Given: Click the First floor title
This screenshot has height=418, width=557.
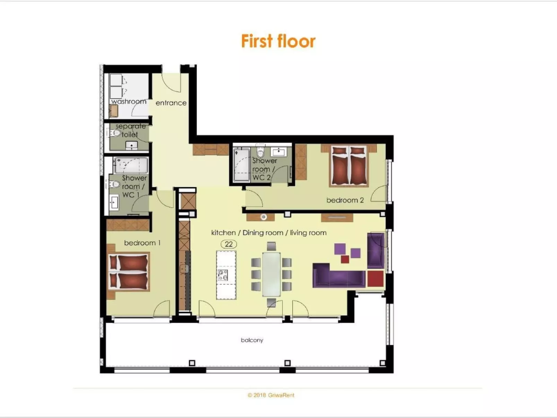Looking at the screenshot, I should click(278, 41).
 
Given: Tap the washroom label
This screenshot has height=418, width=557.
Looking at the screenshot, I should click(129, 102).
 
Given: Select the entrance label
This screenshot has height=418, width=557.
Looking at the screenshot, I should click(171, 103).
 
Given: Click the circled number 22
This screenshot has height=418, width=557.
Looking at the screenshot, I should click(229, 244).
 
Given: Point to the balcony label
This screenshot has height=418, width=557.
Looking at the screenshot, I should click(252, 340).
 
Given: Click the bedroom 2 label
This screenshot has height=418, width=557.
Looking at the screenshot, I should click(345, 200).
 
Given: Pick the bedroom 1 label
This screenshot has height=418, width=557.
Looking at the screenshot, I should click(142, 243).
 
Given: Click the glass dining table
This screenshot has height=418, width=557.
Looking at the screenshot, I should click(271, 274).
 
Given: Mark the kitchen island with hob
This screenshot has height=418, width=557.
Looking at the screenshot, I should click(226, 275).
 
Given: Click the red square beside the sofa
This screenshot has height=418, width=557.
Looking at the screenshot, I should click(376, 279).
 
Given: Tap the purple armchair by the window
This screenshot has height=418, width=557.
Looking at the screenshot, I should click(376, 250).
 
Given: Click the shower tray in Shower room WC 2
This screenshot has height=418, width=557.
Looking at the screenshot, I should click(241, 165).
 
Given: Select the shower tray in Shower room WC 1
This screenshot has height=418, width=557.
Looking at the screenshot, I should click(131, 165).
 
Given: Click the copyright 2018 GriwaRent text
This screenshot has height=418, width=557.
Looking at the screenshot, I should click(271, 395).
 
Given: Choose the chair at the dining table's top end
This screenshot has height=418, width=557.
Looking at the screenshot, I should click(271, 247).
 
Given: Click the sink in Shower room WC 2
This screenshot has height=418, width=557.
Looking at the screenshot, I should click(278, 152).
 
